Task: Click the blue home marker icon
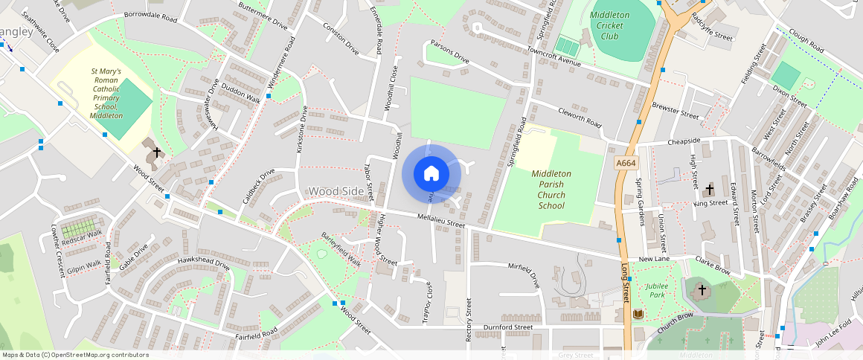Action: pyautogui.click(x=431, y=174)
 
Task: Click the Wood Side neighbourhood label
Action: pyautogui.click(x=337, y=191)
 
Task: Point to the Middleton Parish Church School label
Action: pyautogui.click(x=551, y=190)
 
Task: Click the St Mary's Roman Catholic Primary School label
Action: pyautogui.click(x=106, y=94)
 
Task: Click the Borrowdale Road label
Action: pyautogui.click(x=150, y=15)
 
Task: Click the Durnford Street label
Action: pyautogui.click(x=508, y=327)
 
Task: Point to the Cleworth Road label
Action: pyautogui.click(x=579, y=117)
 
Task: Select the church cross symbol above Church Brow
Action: pyautogui.click(x=702, y=289)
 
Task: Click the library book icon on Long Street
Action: pyautogui.click(x=638, y=315)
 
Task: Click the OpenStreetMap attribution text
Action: pyautogui.click(x=74, y=355)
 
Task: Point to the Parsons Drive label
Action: pyautogui.click(x=451, y=54)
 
